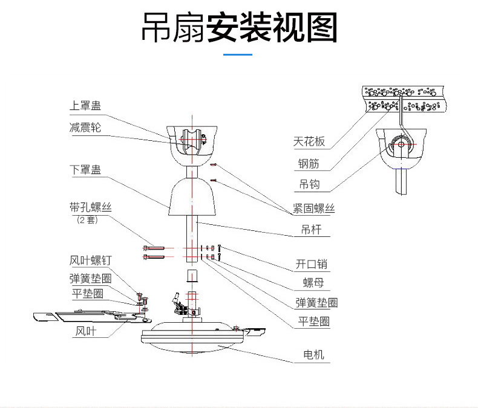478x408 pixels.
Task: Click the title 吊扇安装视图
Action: tap(239, 28)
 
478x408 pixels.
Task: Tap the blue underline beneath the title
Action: tap(238, 54)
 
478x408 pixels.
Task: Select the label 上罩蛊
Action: tap(85, 106)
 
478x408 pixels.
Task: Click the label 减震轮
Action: tap(85, 128)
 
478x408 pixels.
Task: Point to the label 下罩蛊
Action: tap(85, 169)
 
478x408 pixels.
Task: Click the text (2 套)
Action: tap(88, 220)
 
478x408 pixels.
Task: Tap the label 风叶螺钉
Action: tap(91, 261)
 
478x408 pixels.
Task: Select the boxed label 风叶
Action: tap(85, 331)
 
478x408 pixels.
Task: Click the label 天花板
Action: tap(309, 143)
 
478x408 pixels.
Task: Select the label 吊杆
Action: tap(311, 229)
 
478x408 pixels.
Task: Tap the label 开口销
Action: tap(312, 264)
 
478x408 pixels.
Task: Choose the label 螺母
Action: tap(312, 283)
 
